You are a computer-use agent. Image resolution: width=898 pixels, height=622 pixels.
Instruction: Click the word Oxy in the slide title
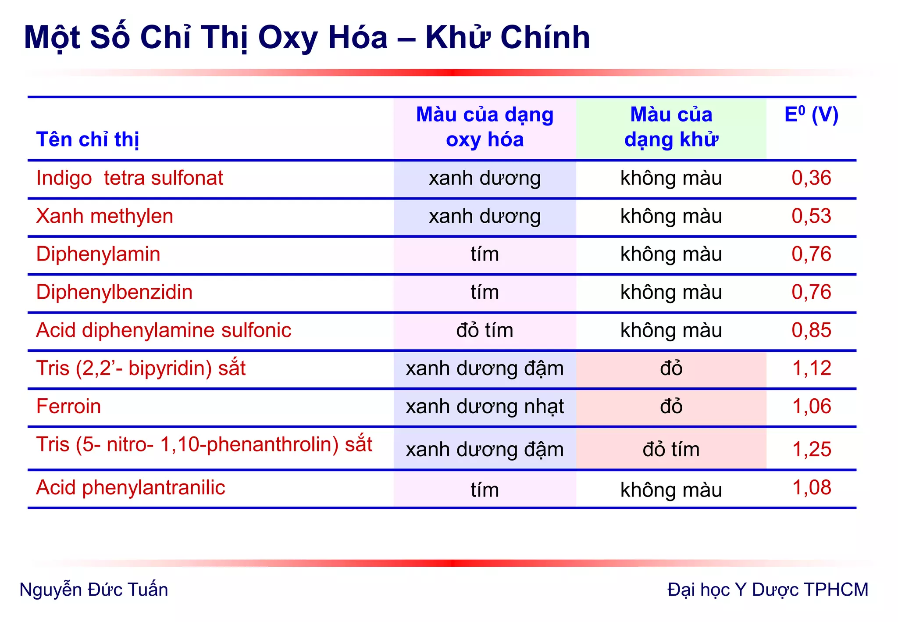(x=287, y=38)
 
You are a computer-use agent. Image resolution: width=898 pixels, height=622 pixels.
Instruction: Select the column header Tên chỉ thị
(x=88, y=139)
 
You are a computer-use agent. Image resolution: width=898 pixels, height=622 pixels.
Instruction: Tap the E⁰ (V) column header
(x=811, y=115)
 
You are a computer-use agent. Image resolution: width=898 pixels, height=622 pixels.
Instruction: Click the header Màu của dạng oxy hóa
(x=485, y=127)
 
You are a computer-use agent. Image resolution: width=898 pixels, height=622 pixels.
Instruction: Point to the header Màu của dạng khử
(x=671, y=127)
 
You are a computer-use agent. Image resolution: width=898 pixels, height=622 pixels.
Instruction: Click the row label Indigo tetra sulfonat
(x=129, y=178)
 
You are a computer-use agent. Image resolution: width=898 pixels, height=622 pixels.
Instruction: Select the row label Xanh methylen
(x=104, y=216)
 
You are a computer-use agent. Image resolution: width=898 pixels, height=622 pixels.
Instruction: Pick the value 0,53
(x=811, y=216)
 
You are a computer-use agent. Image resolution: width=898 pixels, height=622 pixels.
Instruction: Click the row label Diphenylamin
(x=98, y=254)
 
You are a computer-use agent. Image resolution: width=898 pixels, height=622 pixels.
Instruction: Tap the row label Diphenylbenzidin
(x=114, y=292)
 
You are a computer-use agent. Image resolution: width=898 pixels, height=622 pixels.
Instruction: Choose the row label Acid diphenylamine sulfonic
(x=164, y=330)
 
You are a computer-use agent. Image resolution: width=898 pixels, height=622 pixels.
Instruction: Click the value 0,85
(x=811, y=330)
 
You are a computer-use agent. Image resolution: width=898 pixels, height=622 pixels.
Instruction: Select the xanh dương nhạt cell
(x=485, y=407)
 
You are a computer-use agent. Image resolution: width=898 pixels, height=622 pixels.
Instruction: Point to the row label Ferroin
(x=68, y=407)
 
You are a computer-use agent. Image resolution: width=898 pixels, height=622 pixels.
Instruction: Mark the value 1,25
(x=812, y=449)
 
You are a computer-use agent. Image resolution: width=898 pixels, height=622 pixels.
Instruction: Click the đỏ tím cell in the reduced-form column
(x=671, y=450)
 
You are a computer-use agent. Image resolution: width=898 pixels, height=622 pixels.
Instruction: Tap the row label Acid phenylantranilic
(x=131, y=488)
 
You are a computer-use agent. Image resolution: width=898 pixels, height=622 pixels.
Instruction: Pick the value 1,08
(x=812, y=488)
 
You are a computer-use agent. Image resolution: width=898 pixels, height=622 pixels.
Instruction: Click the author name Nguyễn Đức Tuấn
(x=94, y=590)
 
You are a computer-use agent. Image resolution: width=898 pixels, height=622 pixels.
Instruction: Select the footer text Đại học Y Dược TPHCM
(x=767, y=590)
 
